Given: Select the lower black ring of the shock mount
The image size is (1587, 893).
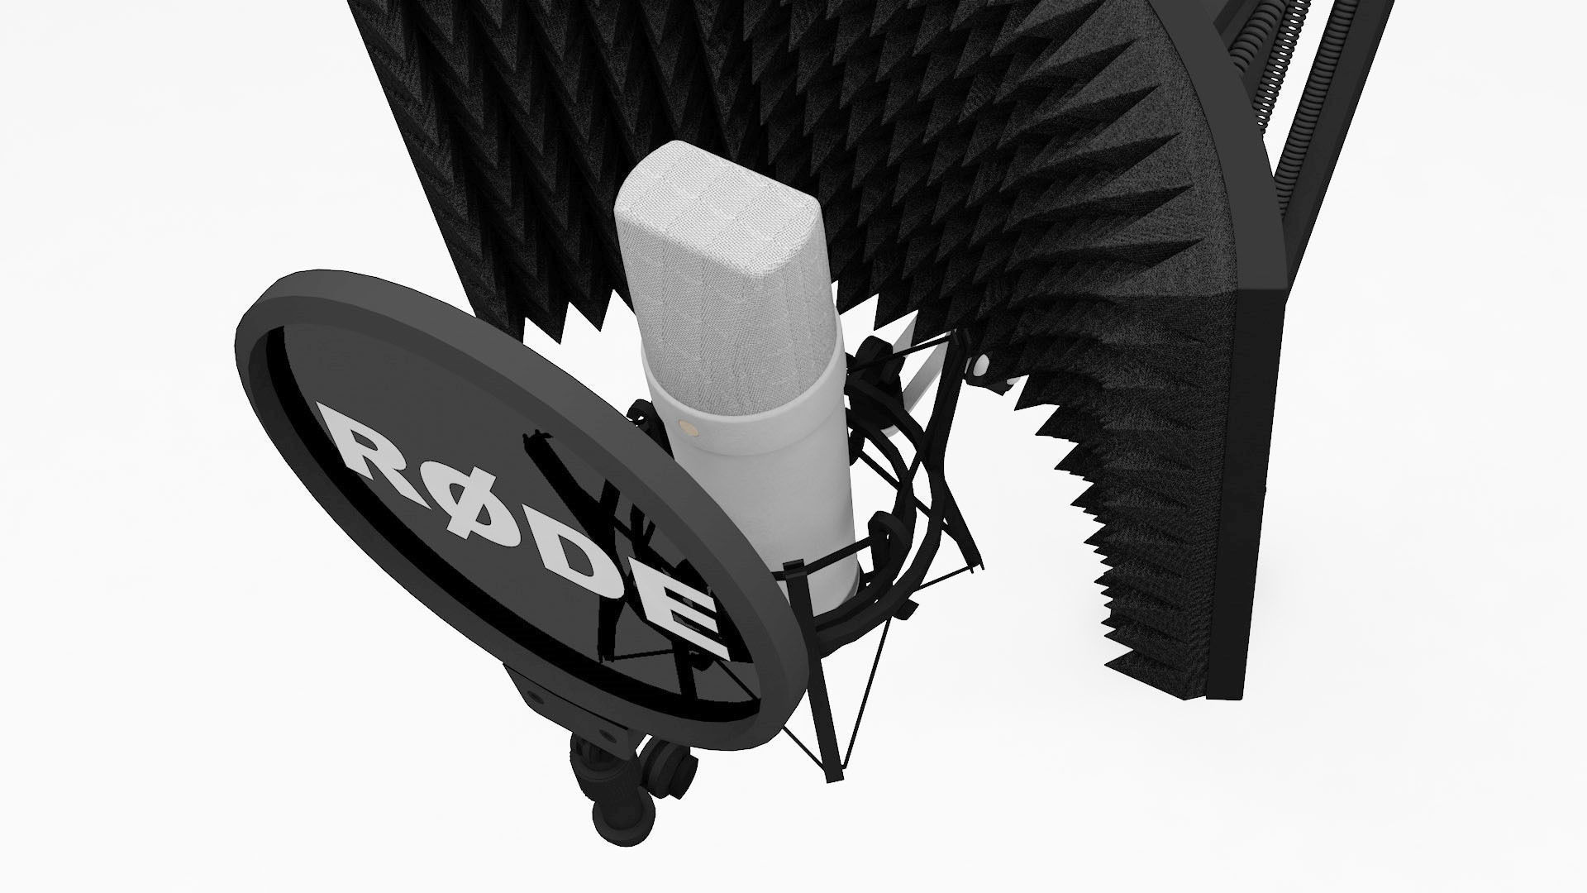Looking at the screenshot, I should [x=868, y=604].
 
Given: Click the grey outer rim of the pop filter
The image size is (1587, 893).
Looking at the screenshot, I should [x=273, y=306].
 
